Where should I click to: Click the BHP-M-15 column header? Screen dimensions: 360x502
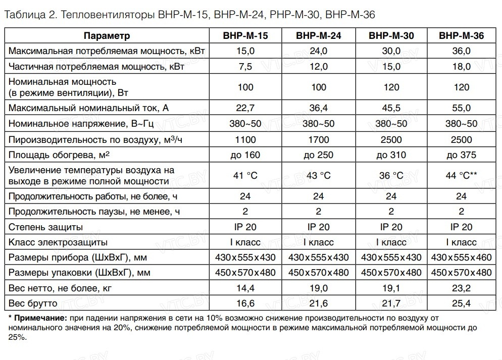(245, 35)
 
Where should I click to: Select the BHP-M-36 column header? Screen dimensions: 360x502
(462, 35)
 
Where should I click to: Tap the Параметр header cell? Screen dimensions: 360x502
(107, 35)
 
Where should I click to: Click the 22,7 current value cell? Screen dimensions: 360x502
(245, 108)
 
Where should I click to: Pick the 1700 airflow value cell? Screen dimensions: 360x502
(319, 139)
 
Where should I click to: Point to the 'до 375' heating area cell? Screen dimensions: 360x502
(462, 155)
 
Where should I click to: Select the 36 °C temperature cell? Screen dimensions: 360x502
(391, 175)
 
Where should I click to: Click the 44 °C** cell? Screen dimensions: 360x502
(462, 175)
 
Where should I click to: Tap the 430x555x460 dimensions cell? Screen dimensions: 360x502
(462, 258)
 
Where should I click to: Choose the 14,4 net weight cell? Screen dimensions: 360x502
(245, 288)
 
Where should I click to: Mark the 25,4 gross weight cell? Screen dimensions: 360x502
(462, 303)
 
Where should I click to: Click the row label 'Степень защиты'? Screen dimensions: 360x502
(46, 227)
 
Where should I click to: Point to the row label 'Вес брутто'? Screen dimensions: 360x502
(33, 303)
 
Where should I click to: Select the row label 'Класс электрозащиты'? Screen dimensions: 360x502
(58, 242)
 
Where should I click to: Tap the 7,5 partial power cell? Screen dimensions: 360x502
(245, 66)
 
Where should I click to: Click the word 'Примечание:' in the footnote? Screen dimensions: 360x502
(40, 318)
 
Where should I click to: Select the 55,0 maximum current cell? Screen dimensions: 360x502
(462, 108)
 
